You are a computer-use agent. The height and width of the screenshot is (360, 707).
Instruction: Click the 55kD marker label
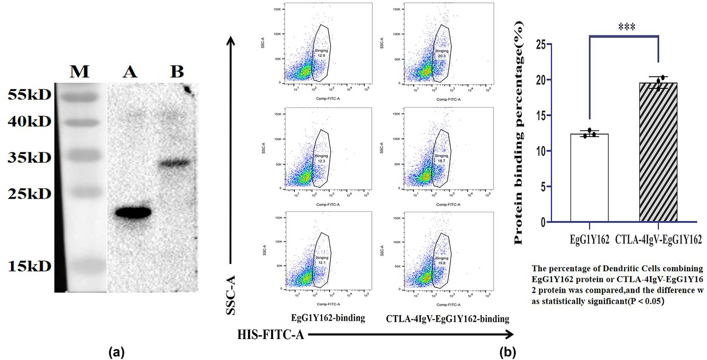(30, 95)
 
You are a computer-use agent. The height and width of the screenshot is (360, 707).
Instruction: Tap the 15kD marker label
(30, 266)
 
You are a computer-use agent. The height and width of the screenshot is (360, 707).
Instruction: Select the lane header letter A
(130, 72)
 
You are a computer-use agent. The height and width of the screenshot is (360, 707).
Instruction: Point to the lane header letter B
(177, 72)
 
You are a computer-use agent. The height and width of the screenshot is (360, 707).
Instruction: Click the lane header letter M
(80, 72)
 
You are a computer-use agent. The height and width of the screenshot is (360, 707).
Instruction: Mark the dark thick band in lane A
(133, 213)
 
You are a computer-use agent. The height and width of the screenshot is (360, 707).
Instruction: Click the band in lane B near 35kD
(174, 163)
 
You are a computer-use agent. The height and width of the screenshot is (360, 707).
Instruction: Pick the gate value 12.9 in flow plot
(321, 56)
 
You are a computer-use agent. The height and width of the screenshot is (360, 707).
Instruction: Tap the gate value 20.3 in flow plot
(442, 56)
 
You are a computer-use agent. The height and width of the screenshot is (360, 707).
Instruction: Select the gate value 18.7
(441, 161)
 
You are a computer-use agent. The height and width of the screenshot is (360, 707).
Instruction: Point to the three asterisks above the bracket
(627, 27)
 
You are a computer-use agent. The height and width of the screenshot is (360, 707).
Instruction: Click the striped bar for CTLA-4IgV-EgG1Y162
(658, 152)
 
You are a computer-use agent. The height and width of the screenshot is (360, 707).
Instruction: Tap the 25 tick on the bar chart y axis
(541, 45)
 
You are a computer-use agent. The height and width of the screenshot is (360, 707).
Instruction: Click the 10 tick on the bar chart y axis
(541, 151)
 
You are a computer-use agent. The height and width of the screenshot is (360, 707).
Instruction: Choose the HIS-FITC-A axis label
(270, 335)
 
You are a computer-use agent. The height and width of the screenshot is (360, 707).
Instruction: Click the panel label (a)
(117, 352)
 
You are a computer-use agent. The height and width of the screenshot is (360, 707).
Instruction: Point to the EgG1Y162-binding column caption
(328, 318)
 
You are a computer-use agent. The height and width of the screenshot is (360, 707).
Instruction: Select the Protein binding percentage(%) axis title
(519, 133)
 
